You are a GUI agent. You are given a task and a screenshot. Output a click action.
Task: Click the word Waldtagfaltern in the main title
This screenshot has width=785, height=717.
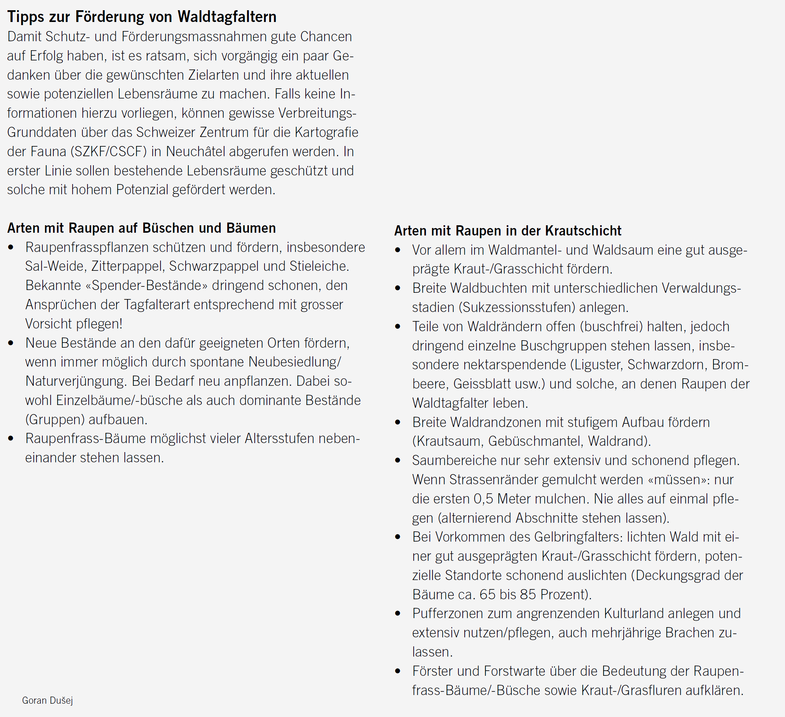(227, 17)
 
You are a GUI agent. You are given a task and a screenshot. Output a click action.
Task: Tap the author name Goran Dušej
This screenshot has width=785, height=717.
(47, 701)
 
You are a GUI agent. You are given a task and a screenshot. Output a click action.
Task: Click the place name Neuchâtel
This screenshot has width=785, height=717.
(192, 151)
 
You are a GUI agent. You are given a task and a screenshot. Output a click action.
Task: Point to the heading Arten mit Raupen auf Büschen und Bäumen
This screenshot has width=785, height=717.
(141, 228)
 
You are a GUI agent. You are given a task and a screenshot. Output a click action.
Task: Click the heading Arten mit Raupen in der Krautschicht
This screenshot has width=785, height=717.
(508, 231)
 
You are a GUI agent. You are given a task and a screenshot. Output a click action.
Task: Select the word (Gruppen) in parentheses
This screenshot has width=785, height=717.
(55, 420)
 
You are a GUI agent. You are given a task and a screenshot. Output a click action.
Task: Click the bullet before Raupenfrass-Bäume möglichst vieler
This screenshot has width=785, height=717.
(11, 439)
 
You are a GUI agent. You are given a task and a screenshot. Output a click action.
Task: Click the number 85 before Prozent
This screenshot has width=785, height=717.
(528, 595)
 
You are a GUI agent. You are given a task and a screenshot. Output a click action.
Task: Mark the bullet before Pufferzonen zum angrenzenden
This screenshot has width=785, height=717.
(398, 614)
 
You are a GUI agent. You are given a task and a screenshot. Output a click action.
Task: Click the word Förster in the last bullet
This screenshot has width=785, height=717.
(432, 671)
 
